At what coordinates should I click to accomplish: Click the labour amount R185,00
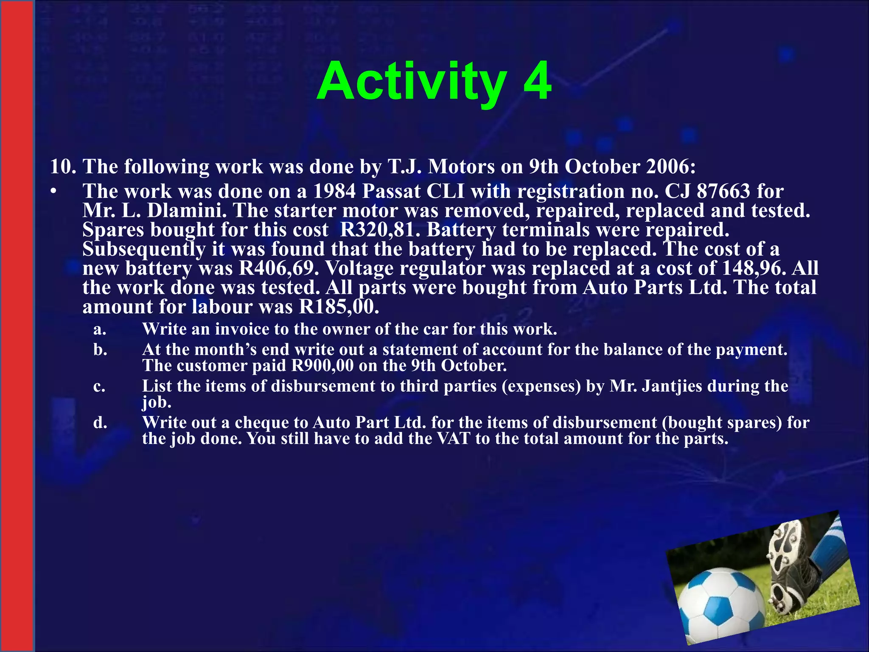click(338, 306)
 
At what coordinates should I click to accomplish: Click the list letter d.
click(100, 422)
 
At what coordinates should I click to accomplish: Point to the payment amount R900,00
click(322, 365)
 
